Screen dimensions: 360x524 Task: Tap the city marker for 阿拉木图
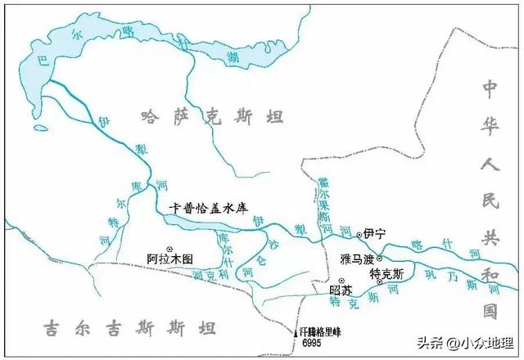tap(170, 248)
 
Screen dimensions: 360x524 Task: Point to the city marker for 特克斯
tap(379, 282)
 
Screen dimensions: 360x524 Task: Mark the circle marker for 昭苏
tap(330, 281)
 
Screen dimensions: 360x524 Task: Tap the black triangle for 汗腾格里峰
tap(296, 334)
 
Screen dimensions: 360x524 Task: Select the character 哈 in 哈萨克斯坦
tap(148, 117)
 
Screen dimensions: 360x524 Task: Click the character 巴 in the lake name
tap(32, 58)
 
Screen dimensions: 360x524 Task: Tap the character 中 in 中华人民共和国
tap(490, 88)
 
